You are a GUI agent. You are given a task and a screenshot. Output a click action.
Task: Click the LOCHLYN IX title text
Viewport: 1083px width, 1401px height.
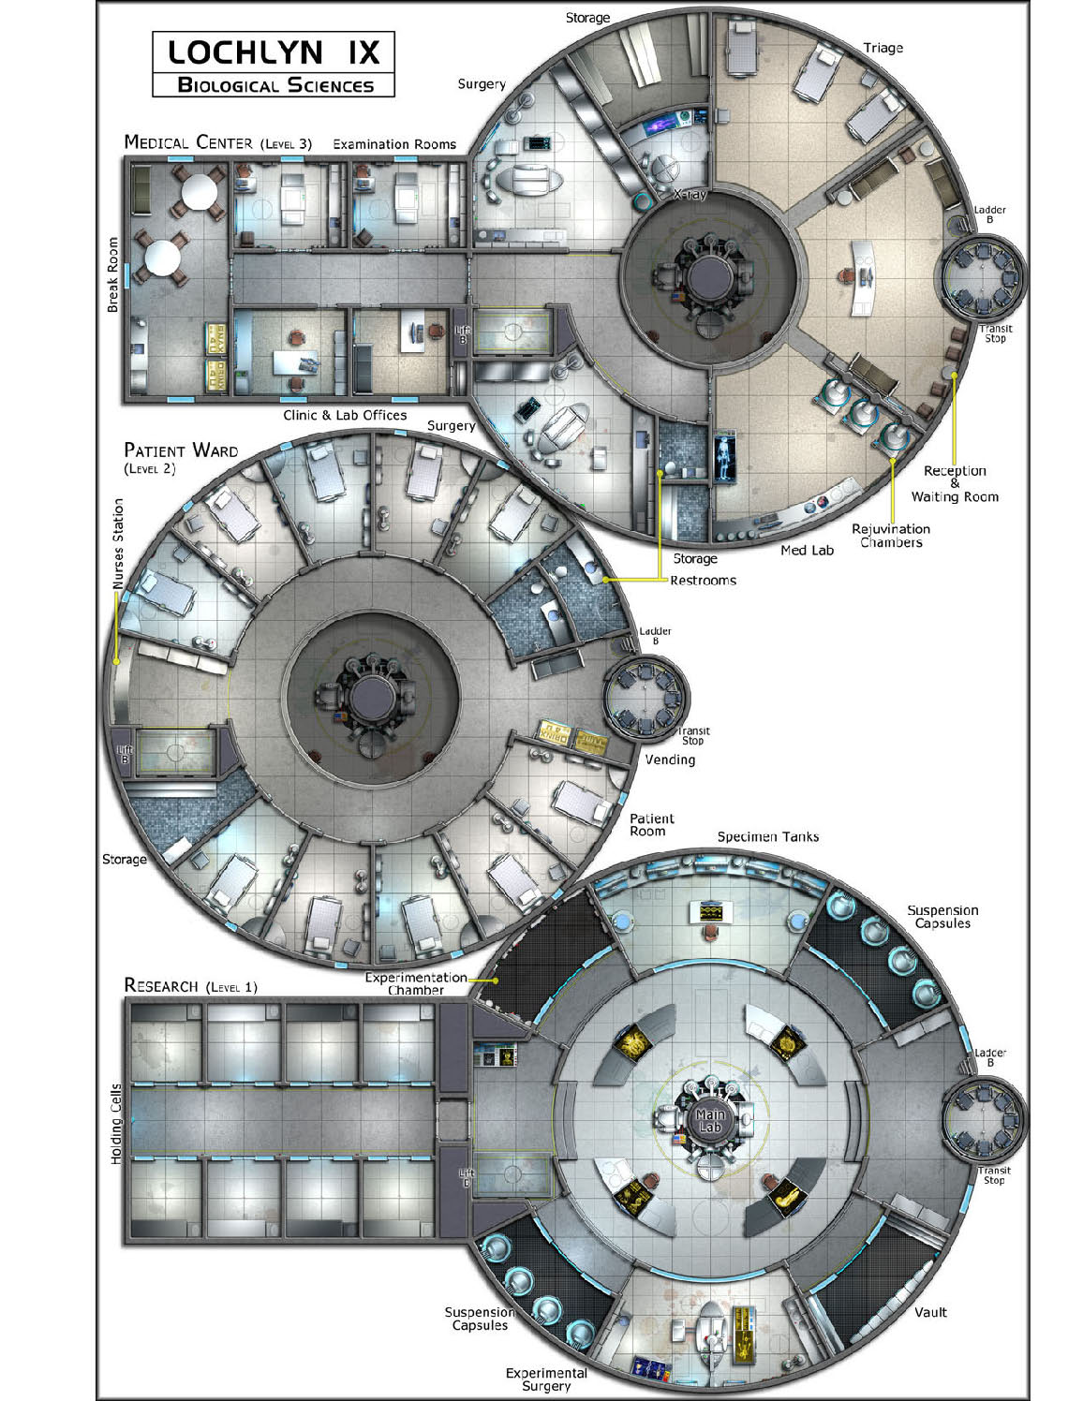click(274, 52)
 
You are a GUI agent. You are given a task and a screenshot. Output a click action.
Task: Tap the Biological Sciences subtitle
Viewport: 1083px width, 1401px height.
click(275, 85)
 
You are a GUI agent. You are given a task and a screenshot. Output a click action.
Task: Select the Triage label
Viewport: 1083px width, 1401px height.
click(883, 49)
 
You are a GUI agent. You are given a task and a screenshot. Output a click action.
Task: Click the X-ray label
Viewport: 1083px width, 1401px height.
click(690, 194)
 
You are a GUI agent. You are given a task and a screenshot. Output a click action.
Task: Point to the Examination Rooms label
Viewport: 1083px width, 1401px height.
click(394, 144)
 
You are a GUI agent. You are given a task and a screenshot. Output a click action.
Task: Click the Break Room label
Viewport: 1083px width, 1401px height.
click(112, 274)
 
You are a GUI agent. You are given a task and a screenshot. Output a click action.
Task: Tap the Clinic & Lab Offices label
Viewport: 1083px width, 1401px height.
click(345, 415)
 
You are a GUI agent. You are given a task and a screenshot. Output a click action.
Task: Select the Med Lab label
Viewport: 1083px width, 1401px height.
click(807, 550)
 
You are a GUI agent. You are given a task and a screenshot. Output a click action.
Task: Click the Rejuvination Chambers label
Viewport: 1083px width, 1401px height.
click(891, 536)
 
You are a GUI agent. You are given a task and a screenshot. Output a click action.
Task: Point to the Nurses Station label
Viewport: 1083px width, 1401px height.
click(117, 544)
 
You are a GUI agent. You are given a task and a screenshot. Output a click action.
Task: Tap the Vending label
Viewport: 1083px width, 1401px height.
click(670, 760)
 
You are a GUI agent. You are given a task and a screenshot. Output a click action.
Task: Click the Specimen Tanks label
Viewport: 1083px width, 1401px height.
click(768, 837)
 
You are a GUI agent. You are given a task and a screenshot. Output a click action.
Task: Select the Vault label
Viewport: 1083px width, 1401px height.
click(931, 1312)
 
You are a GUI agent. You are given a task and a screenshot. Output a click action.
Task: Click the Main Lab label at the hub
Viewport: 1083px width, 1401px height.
click(710, 1121)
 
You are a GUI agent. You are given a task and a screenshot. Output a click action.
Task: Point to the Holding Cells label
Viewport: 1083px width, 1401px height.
click(116, 1124)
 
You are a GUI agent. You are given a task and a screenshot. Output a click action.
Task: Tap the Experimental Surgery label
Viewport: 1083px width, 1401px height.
click(546, 1379)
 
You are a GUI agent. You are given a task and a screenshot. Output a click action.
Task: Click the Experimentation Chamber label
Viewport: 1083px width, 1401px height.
click(416, 983)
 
